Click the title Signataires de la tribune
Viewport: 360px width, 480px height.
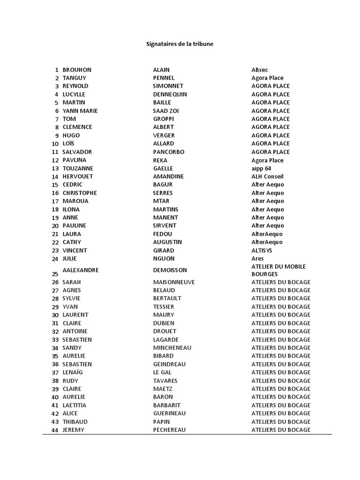[x=180, y=44]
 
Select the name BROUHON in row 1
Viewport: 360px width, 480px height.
[x=77, y=70]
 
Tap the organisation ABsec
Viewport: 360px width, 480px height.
[x=260, y=70]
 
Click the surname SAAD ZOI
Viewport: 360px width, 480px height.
[x=166, y=111]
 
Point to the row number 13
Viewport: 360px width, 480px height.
[x=55, y=168]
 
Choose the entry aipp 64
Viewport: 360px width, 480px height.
[x=261, y=168]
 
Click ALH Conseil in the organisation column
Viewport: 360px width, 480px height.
[x=267, y=176]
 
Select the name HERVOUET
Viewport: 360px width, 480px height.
[x=78, y=176]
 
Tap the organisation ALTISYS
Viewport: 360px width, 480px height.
[x=262, y=250]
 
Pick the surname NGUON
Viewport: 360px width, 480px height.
[x=164, y=258]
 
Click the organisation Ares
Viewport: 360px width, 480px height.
[x=257, y=258]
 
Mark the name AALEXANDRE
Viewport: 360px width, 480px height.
[x=81, y=270]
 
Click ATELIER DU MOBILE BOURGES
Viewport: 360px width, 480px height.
[x=278, y=270]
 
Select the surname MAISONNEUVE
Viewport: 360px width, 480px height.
[x=174, y=282]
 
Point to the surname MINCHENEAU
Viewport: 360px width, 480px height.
[x=172, y=348]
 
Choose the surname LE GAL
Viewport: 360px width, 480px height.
[x=163, y=372]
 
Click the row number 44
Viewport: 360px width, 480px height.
[x=55, y=430]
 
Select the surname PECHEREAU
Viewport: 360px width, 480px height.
[x=170, y=430]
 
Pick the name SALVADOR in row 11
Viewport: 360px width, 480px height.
[x=77, y=152]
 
